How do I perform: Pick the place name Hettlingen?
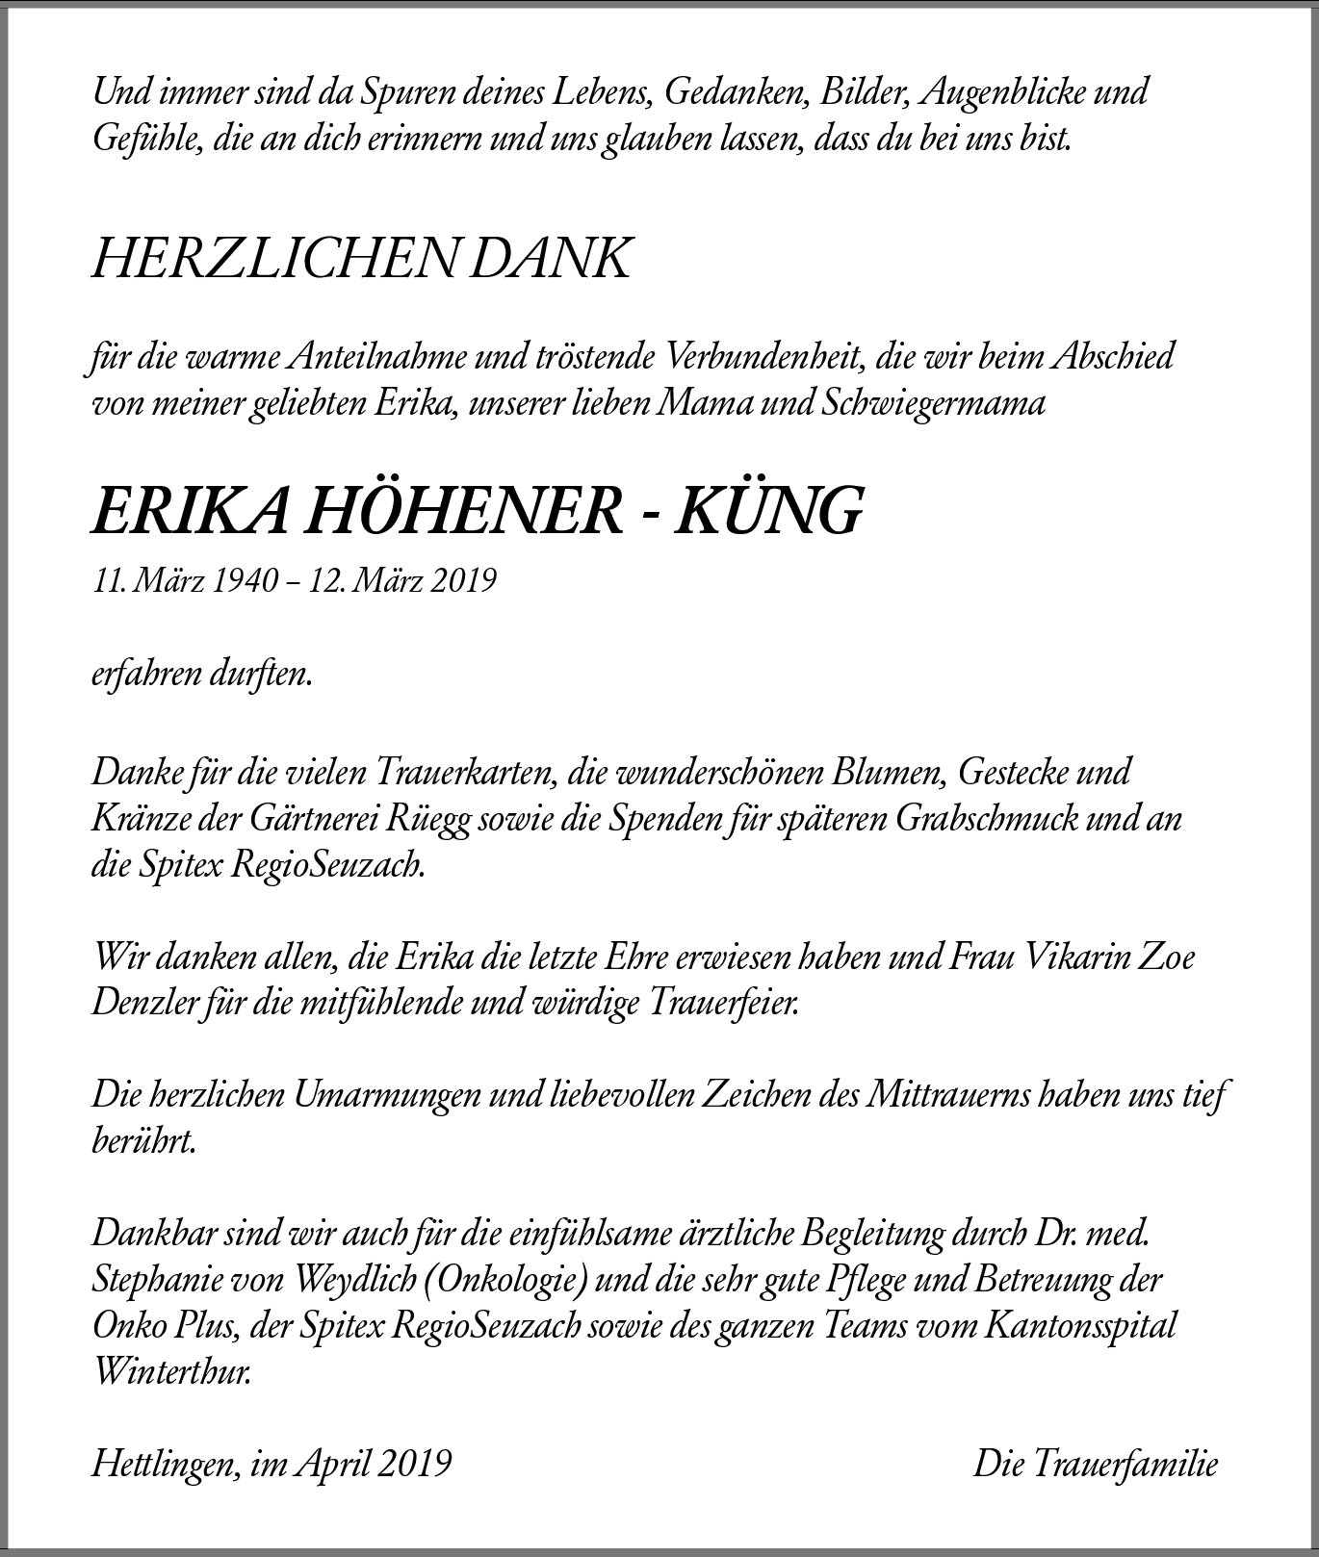165,1465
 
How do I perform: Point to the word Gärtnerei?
312,819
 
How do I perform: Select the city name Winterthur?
172,1373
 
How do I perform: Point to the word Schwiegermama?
933,402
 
